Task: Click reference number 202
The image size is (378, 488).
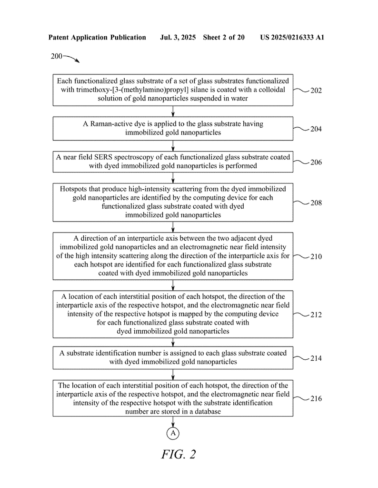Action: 316,91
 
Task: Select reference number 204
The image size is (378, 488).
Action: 316,129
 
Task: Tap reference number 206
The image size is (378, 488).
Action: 316,162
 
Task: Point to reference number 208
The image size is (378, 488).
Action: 316,203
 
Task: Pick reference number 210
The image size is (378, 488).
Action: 316,257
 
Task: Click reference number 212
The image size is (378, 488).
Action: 316,315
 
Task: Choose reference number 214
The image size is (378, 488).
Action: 316,358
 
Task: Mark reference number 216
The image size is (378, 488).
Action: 316,399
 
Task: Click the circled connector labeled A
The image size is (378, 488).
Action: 173,433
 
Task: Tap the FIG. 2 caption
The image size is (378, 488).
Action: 179,454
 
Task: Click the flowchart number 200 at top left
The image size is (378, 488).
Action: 57,56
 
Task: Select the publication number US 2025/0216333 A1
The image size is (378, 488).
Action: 292,38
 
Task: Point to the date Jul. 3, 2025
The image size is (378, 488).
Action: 178,38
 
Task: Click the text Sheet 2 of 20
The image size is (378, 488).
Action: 224,38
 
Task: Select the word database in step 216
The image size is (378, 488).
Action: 208,411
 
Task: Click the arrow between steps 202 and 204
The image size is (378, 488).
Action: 173,112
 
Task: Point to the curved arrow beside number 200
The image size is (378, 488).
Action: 71,58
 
